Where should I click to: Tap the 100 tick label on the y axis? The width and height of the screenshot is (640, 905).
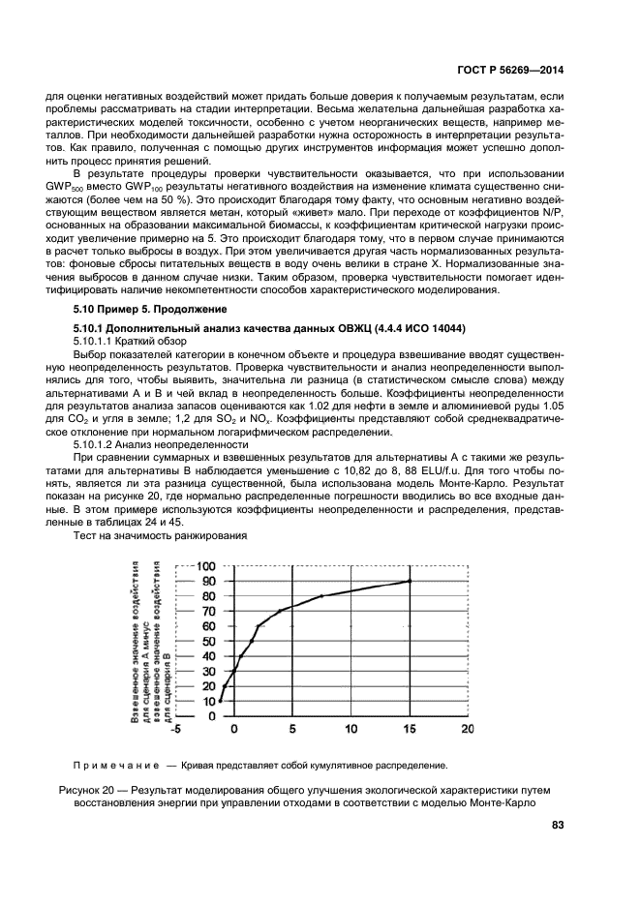point(205,566)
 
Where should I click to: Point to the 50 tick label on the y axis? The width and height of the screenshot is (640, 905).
point(207,641)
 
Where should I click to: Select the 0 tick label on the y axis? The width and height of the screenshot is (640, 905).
point(210,716)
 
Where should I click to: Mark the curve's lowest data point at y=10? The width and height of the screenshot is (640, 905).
point(221,701)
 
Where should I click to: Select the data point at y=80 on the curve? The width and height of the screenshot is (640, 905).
point(321,596)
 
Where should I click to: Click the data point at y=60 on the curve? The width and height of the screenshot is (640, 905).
point(258,626)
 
